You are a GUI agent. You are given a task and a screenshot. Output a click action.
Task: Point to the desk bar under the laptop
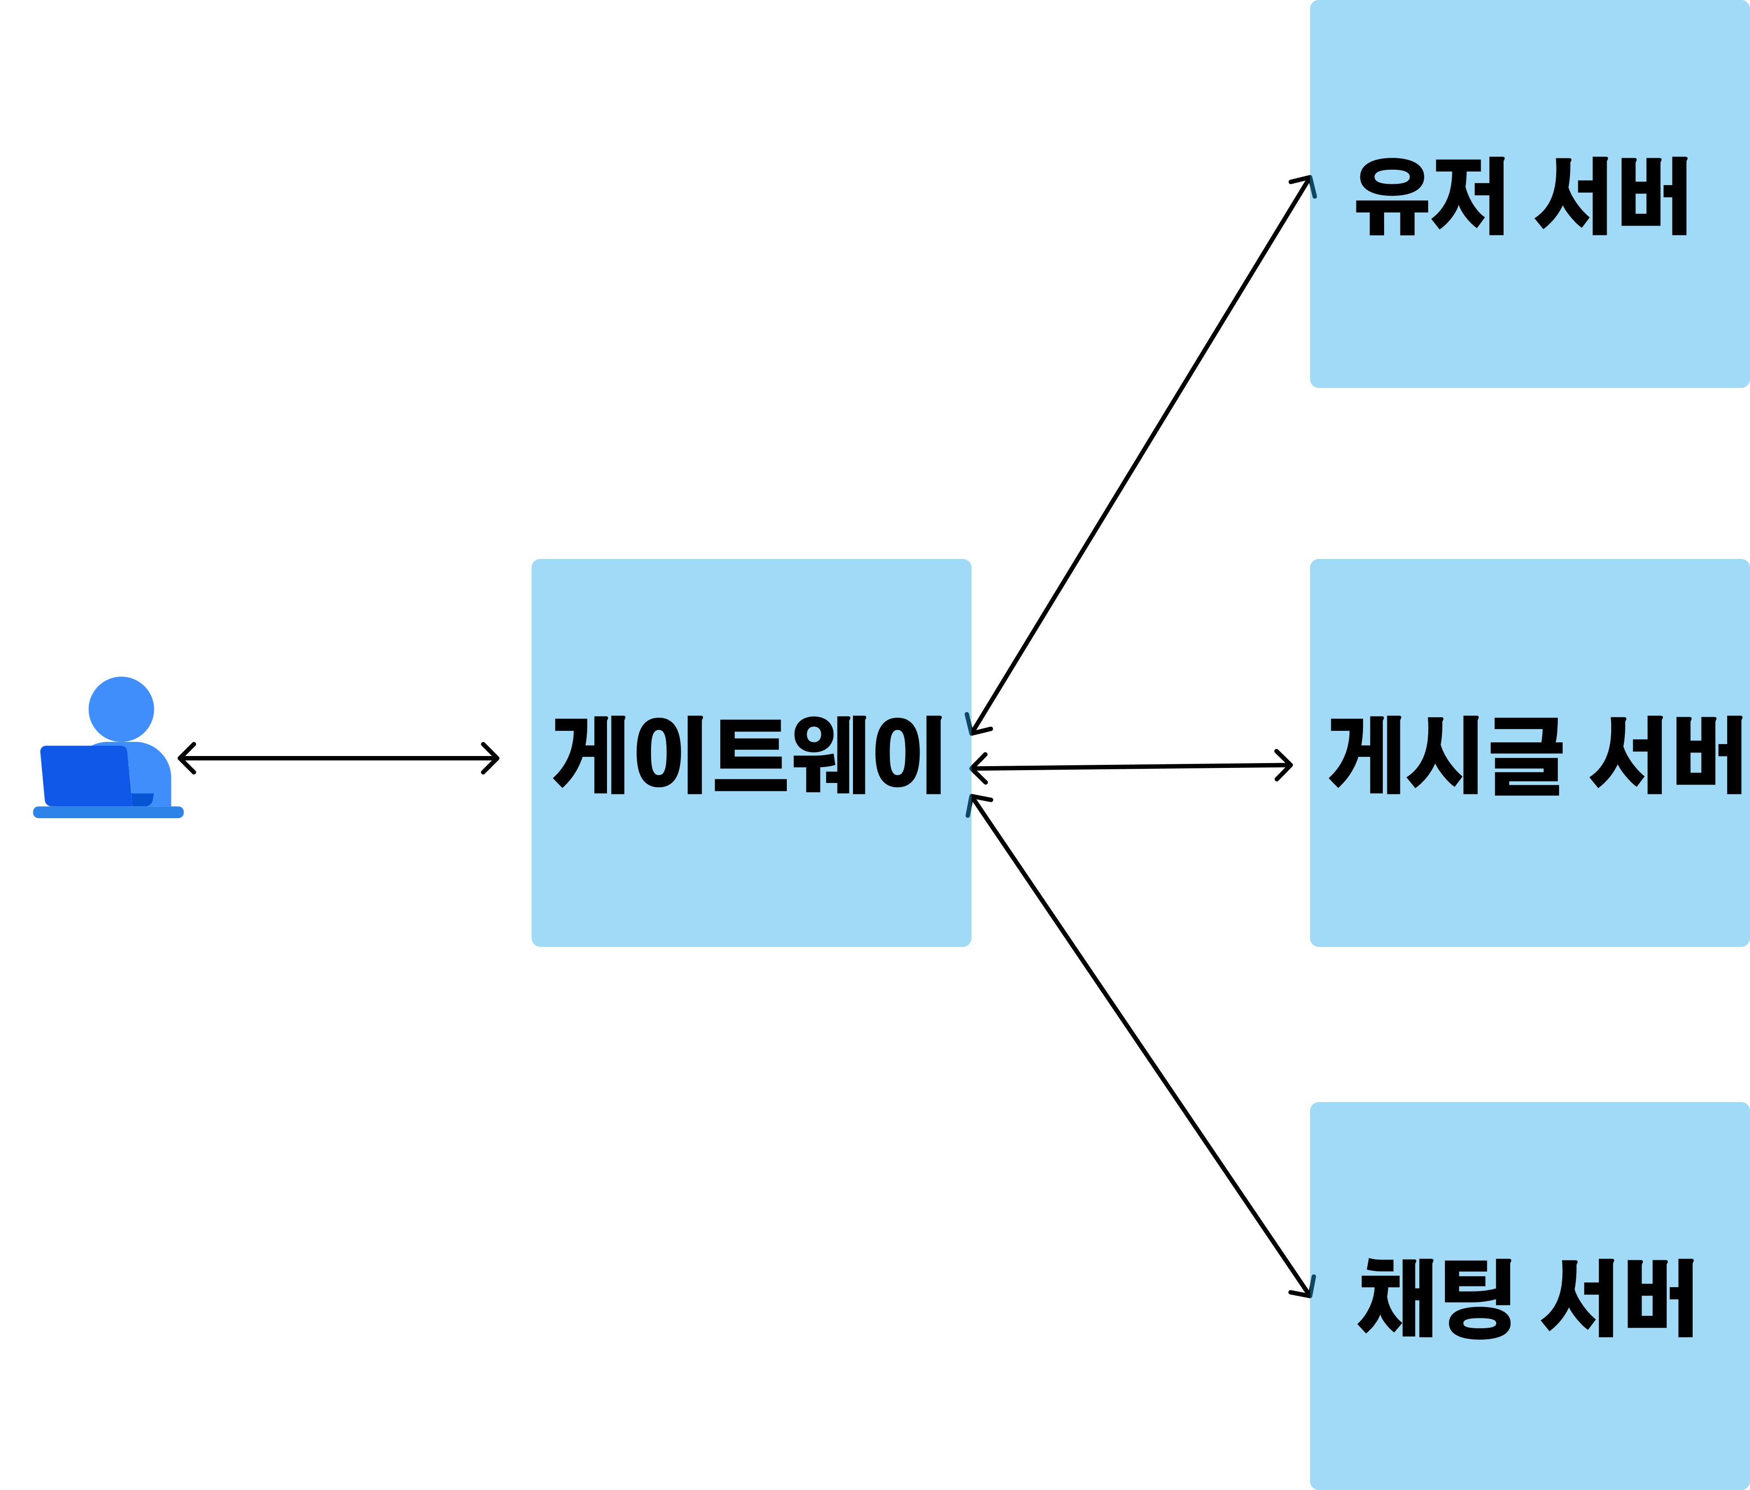coord(108,812)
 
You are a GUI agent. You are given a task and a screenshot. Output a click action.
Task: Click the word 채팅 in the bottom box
coord(1434,1298)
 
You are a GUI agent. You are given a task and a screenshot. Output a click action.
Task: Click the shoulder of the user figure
coord(152,764)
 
